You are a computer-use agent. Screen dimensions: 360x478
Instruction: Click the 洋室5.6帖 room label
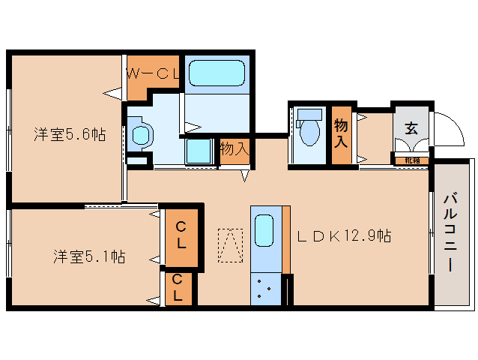(x=69, y=135)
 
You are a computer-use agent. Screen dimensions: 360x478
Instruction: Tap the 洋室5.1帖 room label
(x=88, y=256)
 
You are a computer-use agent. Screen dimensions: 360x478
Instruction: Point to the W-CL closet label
(x=152, y=73)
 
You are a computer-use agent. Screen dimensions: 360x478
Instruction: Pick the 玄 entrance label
(x=411, y=127)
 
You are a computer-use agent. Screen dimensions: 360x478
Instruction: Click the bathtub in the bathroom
(x=217, y=73)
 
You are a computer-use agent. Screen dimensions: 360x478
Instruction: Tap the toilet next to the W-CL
(x=140, y=135)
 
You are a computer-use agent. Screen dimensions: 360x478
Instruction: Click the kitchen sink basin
(x=264, y=229)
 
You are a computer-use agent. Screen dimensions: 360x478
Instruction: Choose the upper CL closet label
(x=181, y=235)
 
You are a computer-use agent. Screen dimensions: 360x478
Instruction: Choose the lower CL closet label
(x=178, y=288)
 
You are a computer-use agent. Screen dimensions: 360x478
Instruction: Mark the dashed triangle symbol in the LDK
(x=230, y=245)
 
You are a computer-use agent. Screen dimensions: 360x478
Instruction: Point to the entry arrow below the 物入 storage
(x=244, y=176)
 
